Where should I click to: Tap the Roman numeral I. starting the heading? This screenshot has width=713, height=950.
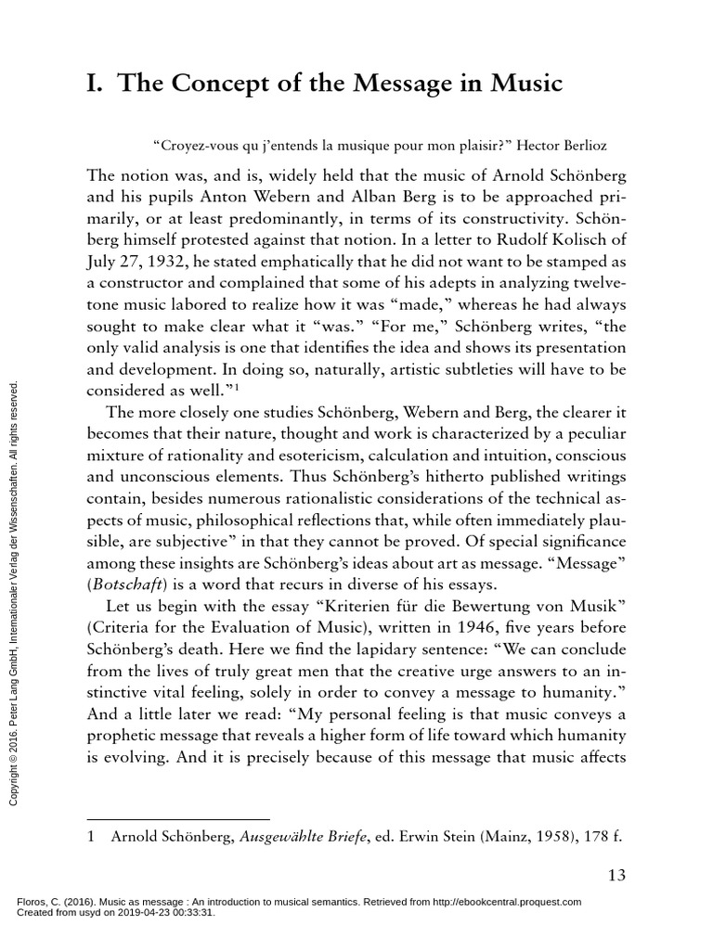[96, 83]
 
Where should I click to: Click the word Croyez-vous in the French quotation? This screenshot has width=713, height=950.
[188, 146]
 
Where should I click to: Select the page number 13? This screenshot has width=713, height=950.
[616, 875]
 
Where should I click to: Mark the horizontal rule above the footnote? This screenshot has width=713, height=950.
[176, 819]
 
